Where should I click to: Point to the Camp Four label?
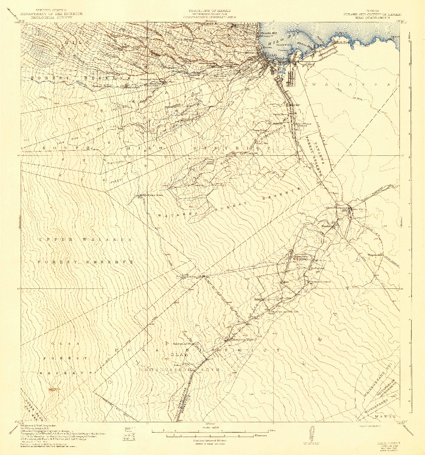click(259, 130)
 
